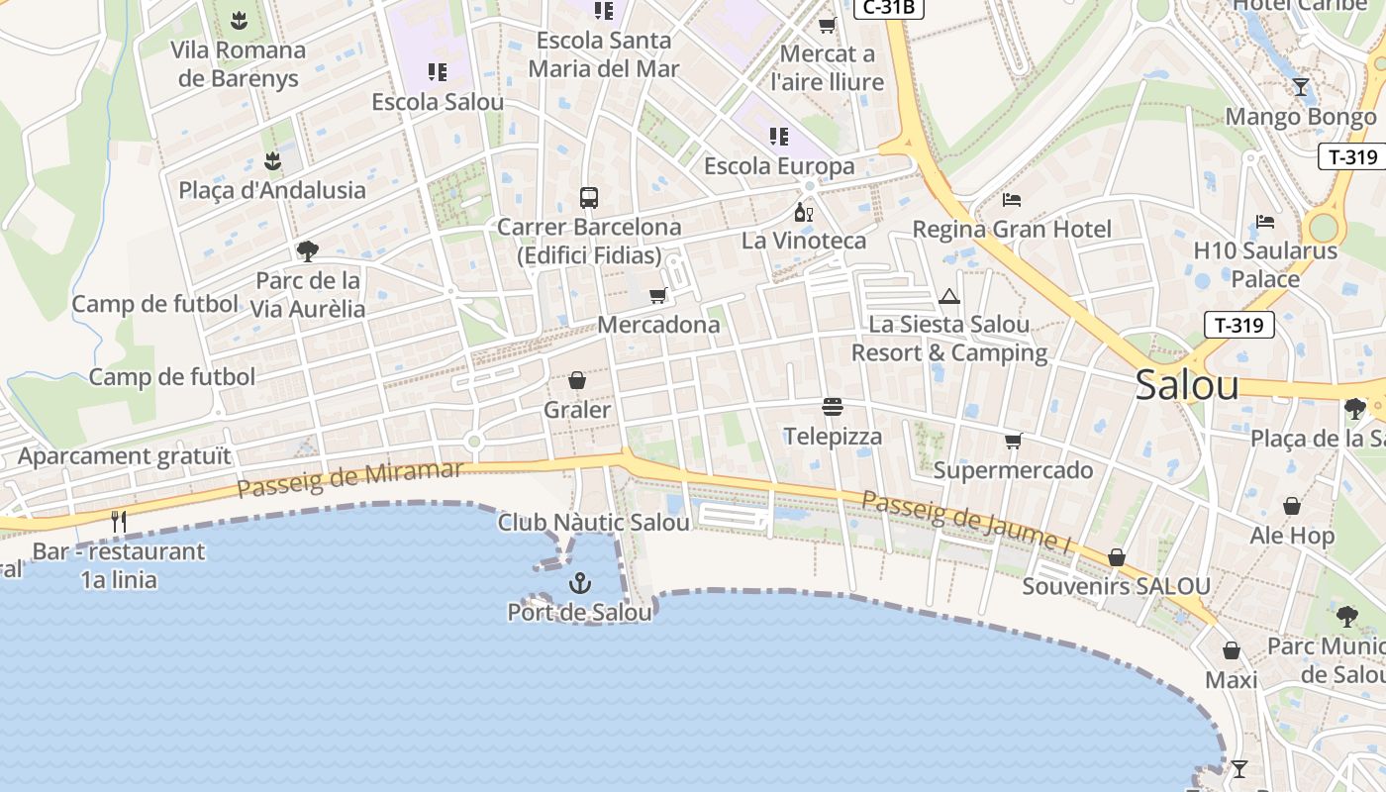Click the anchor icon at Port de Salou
580,584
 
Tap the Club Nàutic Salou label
593,522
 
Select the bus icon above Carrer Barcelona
589,197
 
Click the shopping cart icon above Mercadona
657,295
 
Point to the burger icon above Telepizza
832,407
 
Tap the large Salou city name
1186,384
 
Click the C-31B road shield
888,8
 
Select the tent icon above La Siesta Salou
949,296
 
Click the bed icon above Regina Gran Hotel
1011,199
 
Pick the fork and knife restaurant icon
119,521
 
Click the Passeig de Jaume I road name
966,521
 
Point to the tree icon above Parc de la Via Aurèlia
308,250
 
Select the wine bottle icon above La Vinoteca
803,212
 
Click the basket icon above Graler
577,380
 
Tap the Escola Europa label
778,165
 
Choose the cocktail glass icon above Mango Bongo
1300,87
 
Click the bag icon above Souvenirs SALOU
1116,557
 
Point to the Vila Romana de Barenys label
238,63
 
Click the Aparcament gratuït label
124,456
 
